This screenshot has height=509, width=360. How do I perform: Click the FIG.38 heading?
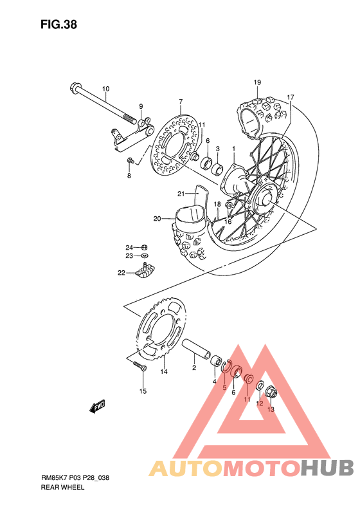pyautogui.click(x=59, y=25)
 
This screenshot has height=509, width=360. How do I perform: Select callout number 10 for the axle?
pyautogui.click(x=105, y=89)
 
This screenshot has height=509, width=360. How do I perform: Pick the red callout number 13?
pyautogui.click(x=271, y=409)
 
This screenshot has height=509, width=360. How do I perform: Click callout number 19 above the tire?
pyautogui.click(x=256, y=82)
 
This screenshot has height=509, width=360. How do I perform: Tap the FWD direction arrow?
pyautogui.click(x=98, y=406)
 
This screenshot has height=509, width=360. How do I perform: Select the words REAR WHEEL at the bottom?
pyautogui.click(x=62, y=488)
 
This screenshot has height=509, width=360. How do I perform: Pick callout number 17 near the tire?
pyautogui.click(x=291, y=97)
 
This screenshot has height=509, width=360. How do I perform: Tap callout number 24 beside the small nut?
pyautogui.click(x=129, y=247)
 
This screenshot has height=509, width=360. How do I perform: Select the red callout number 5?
pyautogui.click(x=224, y=387)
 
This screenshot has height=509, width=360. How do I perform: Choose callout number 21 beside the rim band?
pyautogui.click(x=181, y=194)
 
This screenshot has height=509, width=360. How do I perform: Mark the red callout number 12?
pyautogui.click(x=259, y=403)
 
